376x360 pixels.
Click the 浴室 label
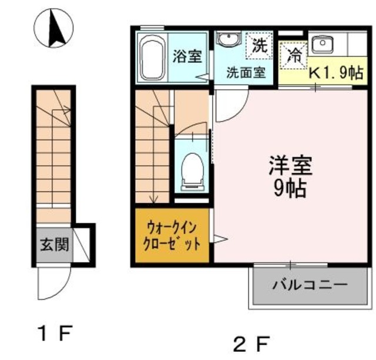pos(188,56)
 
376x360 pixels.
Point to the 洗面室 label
pos(246,73)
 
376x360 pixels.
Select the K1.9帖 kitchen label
pos(337,73)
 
